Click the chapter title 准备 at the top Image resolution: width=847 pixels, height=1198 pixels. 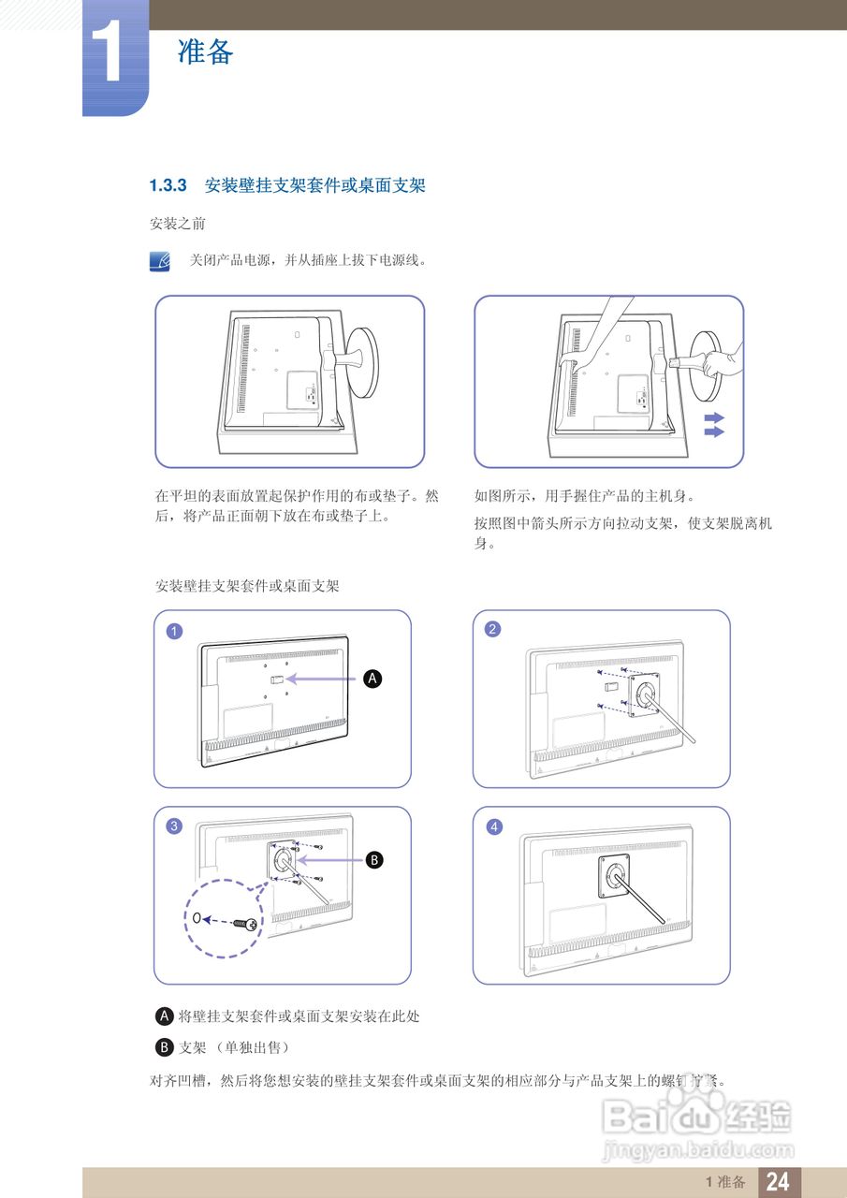[205, 51]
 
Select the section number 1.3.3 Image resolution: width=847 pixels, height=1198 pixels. [169, 186]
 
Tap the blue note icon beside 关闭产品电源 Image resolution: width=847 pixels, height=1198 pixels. [161, 261]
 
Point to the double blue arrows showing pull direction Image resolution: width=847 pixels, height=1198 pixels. [714, 425]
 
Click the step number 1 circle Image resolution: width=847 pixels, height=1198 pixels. [174, 630]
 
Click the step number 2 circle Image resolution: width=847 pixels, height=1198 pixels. [492, 629]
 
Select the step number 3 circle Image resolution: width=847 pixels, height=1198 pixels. [174, 826]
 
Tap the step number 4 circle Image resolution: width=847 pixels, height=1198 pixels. [493, 826]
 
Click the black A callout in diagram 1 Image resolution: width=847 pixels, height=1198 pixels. [372, 679]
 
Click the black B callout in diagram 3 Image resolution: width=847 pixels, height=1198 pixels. [373, 859]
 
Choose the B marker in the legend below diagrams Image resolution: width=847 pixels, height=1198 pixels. [166, 1046]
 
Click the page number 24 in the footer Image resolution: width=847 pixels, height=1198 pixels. [778, 1182]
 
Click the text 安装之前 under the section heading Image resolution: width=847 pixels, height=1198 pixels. [178, 225]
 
